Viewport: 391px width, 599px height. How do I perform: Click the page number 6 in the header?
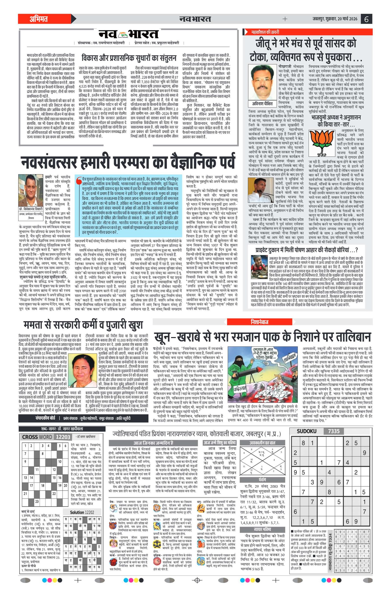(366, 19)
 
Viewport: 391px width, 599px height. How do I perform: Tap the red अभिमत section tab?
(39, 19)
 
